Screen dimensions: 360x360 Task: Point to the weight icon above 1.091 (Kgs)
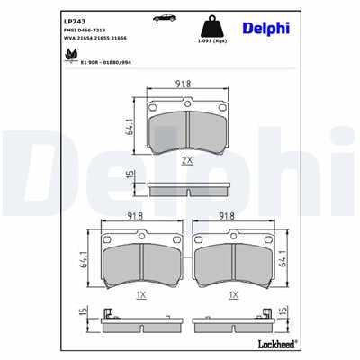click(x=216, y=23)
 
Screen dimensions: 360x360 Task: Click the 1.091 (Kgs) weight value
click(x=216, y=41)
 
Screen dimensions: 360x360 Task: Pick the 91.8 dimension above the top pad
click(x=184, y=84)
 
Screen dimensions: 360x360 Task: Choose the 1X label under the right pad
click(x=233, y=294)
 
